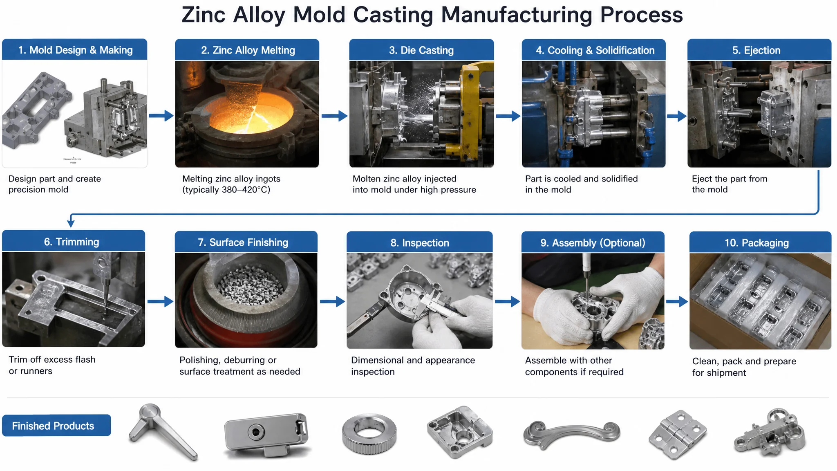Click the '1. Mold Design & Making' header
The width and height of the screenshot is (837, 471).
75,49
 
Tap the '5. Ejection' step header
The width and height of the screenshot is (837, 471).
759,50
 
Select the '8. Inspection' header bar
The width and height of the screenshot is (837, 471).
420,242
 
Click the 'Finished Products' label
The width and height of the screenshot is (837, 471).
56,426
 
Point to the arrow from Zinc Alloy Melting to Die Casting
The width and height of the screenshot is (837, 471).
334,116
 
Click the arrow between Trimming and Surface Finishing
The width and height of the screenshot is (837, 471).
160,302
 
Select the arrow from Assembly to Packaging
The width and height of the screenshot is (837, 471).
677,302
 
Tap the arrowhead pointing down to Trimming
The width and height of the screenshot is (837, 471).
71,223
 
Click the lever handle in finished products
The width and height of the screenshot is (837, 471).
163,432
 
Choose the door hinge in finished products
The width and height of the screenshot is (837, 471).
678,435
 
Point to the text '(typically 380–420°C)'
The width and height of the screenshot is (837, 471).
226,190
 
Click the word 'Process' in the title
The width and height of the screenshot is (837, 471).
641,15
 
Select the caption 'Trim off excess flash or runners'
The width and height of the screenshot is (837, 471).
52,365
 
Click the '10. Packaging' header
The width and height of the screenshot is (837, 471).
760,242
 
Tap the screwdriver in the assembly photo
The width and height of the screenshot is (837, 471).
586,274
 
